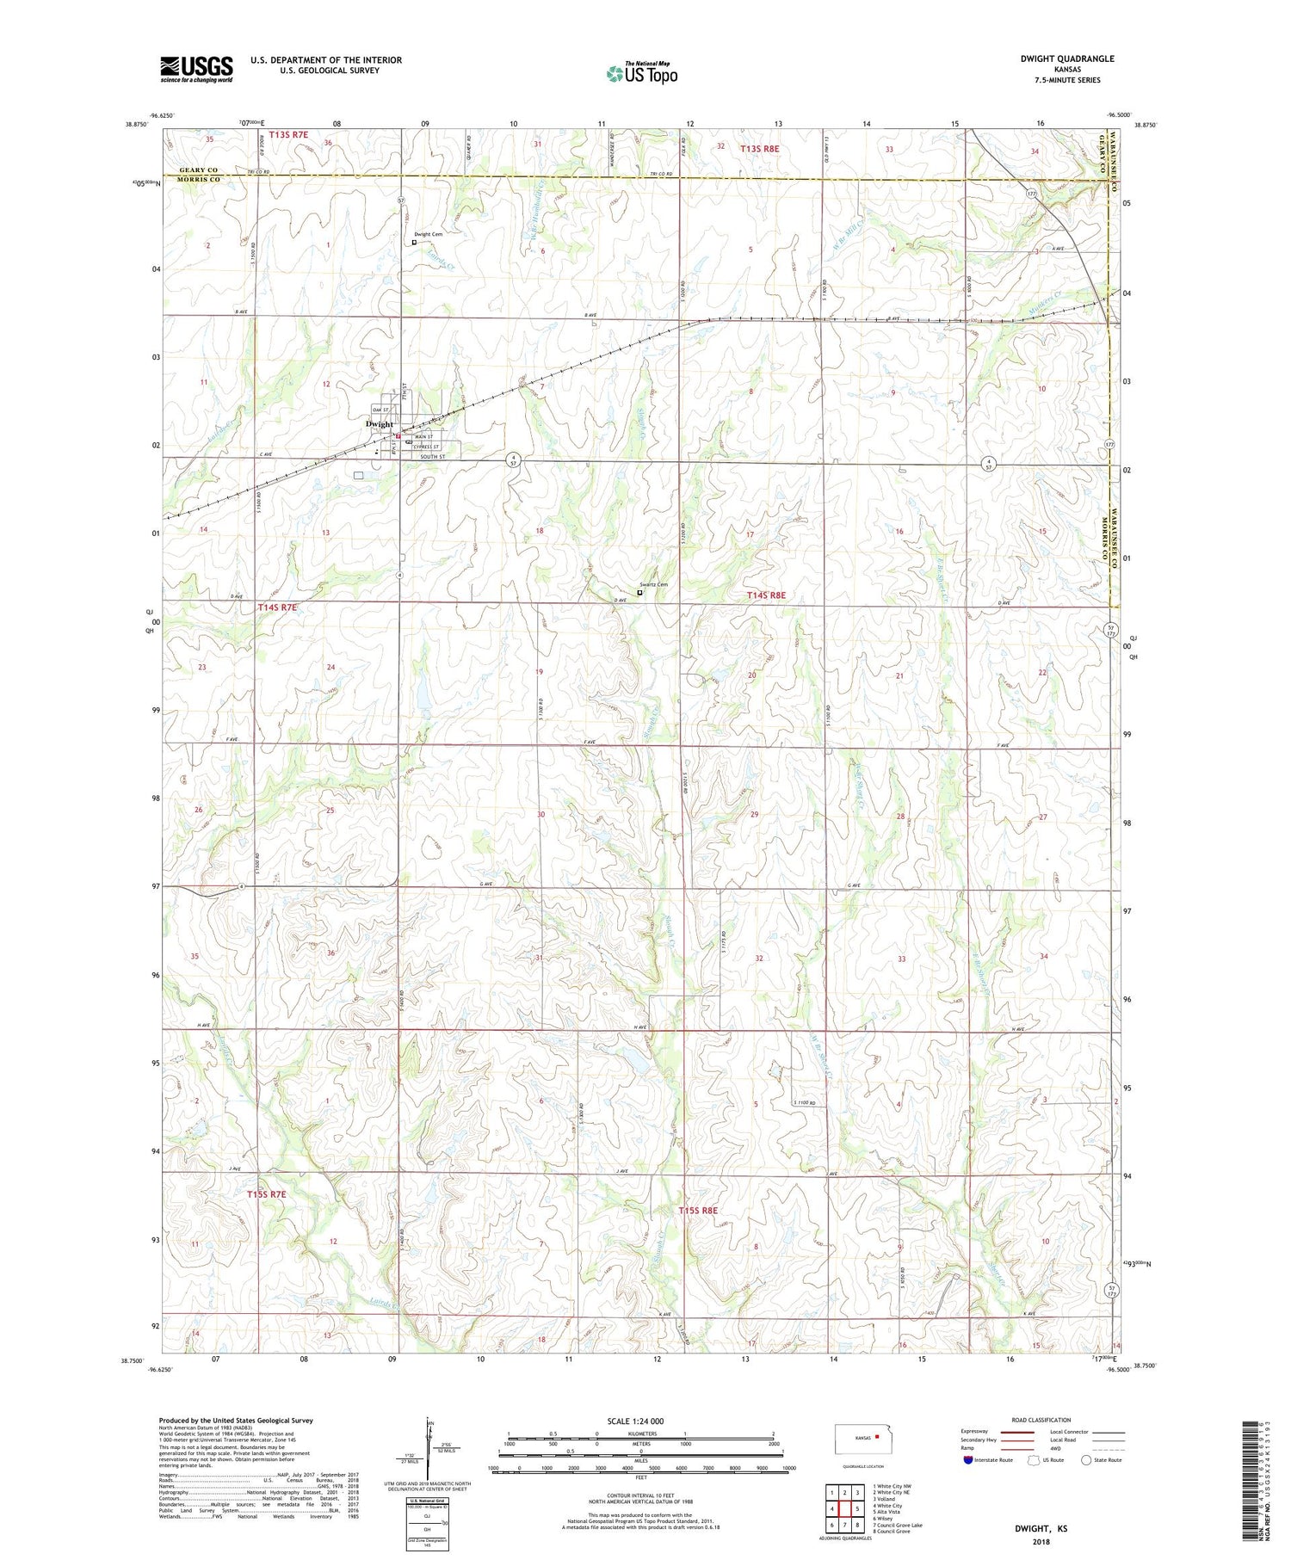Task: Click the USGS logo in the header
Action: tap(196, 69)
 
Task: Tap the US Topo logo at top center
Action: tap(641, 74)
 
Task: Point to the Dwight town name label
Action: tap(379, 423)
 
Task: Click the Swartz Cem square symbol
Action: tap(639, 592)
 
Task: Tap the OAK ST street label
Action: tap(380, 409)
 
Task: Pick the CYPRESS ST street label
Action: tap(426, 447)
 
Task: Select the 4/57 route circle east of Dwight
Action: tap(513, 462)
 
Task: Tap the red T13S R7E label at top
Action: tap(287, 134)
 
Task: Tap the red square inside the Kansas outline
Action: tap(877, 1435)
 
